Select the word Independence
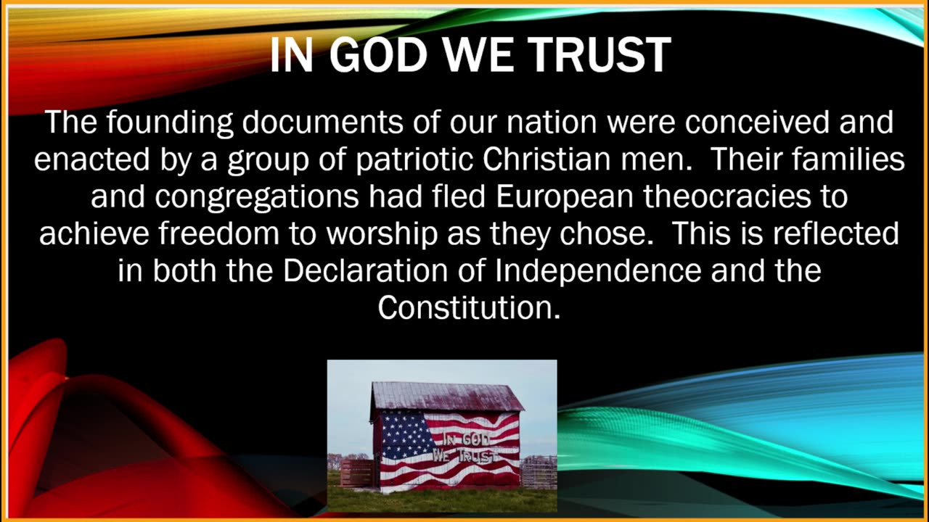click(x=598, y=270)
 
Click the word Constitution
click(x=469, y=307)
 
